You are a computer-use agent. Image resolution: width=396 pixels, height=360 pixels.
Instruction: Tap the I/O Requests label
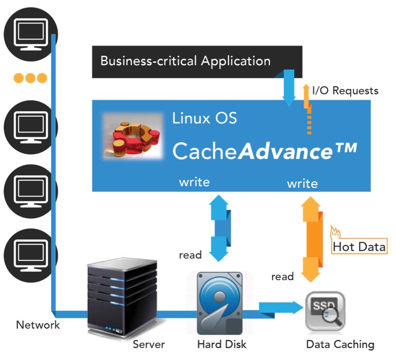[x=345, y=91]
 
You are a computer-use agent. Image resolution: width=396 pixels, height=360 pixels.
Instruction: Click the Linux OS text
[x=204, y=118]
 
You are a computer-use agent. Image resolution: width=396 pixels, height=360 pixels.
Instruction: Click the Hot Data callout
[x=359, y=247]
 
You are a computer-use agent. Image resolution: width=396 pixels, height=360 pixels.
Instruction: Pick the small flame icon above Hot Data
[x=335, y=232]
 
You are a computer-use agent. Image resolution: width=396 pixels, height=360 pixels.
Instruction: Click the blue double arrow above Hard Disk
[x=219, y=228]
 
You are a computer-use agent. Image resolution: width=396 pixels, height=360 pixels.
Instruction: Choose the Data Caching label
[x=340, y=344]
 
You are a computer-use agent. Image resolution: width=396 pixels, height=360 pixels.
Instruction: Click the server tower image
[x=122, y=298]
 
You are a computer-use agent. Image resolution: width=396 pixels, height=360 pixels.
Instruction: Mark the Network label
[x=38, y=325]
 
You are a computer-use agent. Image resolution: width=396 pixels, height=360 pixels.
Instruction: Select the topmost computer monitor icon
[x=30, y=32]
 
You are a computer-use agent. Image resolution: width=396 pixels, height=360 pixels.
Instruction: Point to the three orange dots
[x=30, y=79]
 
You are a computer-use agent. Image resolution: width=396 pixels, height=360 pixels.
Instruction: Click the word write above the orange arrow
[x=302, y=184]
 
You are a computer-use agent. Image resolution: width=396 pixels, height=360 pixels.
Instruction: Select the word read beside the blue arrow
[x=191, y=255]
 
